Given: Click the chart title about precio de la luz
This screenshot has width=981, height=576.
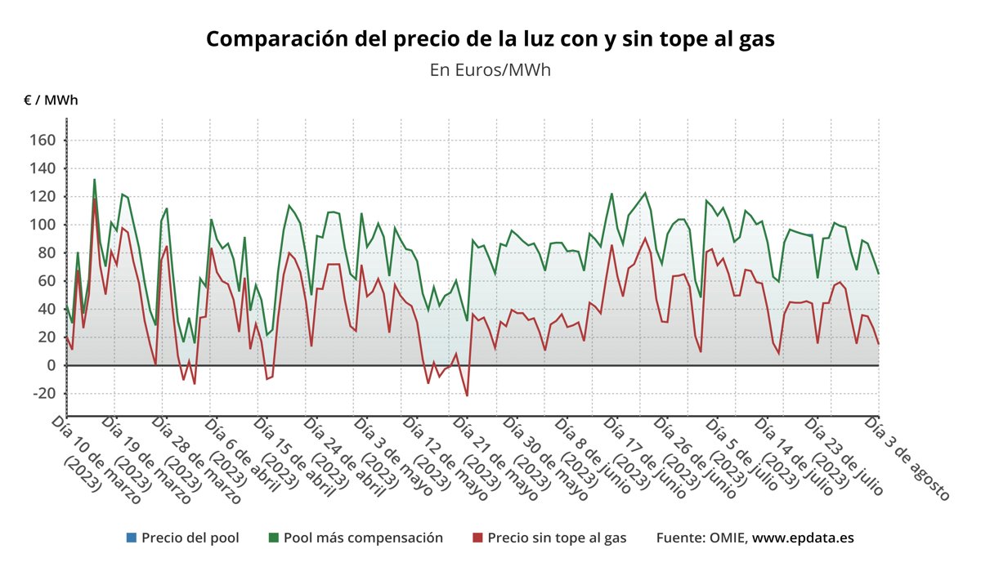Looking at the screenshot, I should [490, 38].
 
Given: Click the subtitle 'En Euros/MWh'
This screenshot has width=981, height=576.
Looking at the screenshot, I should [490, 70].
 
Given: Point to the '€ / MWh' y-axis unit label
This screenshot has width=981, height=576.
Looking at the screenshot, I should [52, 100].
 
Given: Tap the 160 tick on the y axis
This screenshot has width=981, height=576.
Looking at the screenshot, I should [42, 141].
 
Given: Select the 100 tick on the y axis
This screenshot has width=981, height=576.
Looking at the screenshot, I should [42, 225].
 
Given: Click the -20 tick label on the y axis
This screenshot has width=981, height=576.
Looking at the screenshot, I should [42, 393].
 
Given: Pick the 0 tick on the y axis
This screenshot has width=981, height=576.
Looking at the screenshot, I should [49, 365].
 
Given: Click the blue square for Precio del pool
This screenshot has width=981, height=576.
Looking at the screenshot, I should [131, 538].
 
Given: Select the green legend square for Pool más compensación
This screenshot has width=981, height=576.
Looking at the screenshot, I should [273, 538].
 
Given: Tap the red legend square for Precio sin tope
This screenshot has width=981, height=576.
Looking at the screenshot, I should [477, 538].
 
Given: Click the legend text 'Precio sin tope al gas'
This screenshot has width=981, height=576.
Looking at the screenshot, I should [557, 538].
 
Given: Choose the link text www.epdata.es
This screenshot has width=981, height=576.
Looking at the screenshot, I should [803, 538].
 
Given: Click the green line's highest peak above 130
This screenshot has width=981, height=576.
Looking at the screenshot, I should [94, 180].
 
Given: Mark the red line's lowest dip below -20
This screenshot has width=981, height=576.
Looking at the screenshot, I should [467, 395].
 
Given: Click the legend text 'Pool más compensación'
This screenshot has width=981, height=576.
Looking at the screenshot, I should [363, 538].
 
